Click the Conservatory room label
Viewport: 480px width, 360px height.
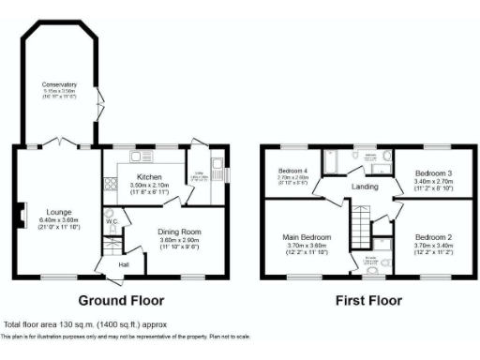58,85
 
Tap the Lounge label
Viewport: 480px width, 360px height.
48,212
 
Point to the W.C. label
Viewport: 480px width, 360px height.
110,221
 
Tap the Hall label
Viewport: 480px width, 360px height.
123,265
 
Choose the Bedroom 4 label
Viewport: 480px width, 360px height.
293,170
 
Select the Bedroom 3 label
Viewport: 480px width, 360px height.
433,173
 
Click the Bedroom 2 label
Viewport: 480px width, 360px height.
433,237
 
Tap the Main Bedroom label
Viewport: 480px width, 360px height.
307,237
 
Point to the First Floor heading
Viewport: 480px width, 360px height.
367,301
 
